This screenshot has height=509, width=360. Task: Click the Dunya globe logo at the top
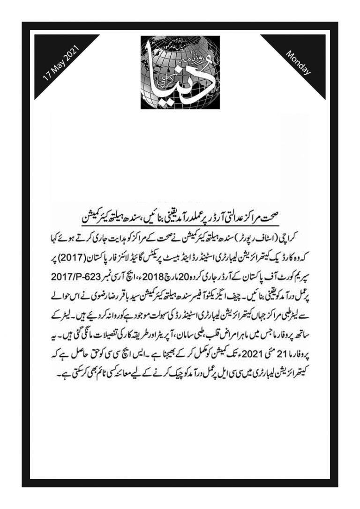(180, 72)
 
